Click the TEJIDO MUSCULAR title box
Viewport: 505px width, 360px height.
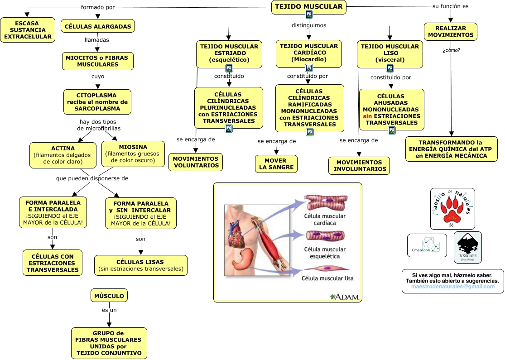pos(309,7)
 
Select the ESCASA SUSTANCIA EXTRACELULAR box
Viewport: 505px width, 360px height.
pos(28,30)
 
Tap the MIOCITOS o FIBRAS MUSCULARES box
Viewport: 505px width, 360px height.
pos(97,61)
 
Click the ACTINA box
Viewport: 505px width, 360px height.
pos(63,155)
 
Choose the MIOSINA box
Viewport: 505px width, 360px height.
pos(133,154)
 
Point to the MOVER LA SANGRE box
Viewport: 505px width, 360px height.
pos(276,163)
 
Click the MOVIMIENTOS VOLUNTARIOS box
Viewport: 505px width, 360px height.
pos(196,162)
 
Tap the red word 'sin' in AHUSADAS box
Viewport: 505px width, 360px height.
pos(367,116)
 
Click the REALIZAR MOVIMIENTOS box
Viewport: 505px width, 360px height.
pos(450,31)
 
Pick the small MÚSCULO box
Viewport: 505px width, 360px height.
pos(109,296)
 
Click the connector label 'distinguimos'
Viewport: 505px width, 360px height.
pos(308,25)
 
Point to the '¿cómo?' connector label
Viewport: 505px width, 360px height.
pos(452,50)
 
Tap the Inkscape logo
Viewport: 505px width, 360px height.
pos(467,247)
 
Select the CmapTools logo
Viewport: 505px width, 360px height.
pos(427,246)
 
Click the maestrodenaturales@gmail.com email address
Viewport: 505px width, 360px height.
pos(453,287)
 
